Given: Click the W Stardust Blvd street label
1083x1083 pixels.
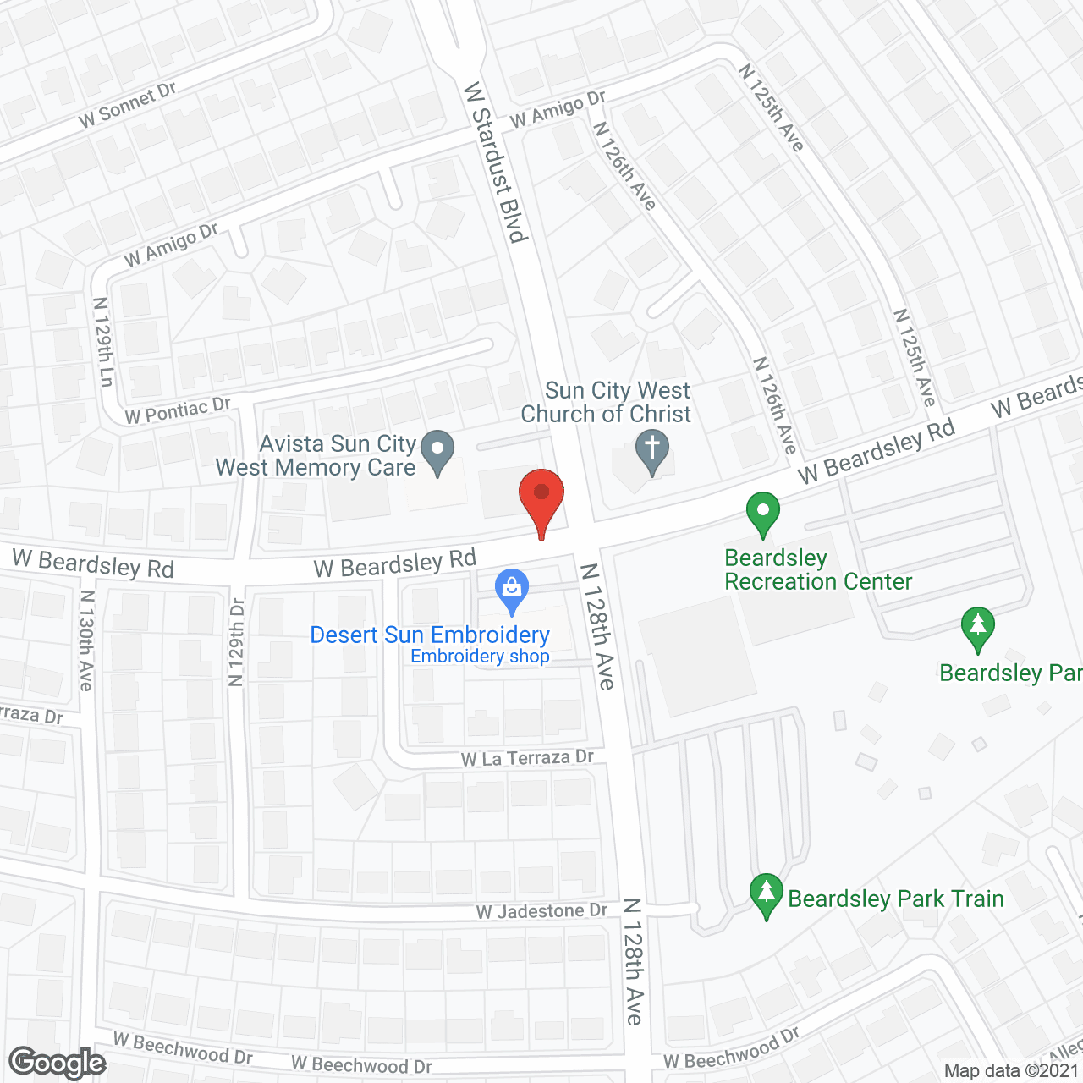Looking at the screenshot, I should click(496, 162).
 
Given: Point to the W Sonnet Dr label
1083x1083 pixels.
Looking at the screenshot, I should click(127, 106).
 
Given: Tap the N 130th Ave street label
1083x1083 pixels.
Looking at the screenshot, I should click(86, 640).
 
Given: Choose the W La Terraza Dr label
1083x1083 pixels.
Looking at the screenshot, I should click(527, 758).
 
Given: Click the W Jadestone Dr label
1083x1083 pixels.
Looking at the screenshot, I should click(541, 911).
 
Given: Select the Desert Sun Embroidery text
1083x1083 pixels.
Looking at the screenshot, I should click(430, 635).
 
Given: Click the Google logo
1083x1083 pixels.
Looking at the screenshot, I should click(58, 1063).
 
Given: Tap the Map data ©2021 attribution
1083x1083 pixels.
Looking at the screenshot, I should click(1012, 1070).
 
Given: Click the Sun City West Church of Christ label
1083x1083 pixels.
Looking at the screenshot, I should click(607, 402).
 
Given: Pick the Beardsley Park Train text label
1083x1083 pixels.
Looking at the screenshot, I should click(896, 899).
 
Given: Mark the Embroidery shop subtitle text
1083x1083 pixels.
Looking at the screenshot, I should click(480, 657).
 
